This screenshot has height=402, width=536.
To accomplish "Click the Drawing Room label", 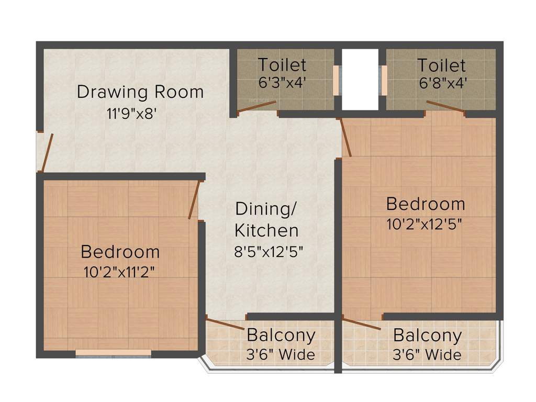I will tap(140, 92).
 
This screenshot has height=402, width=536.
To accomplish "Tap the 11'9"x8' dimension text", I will tap(131, 114).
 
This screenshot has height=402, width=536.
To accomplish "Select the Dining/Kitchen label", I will tap(266, 219).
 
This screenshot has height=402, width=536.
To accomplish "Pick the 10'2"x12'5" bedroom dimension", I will tap(424, 224).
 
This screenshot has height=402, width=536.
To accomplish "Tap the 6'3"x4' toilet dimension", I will tap(282, 82).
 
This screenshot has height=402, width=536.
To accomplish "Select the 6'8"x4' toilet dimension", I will tap(441, 82).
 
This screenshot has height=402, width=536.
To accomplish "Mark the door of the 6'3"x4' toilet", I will tap(256, 106).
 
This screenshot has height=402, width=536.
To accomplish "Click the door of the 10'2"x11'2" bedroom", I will tap(194, 199).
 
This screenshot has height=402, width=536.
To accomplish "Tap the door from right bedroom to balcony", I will tap(361, 323).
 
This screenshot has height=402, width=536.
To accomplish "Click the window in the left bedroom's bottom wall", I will tap(114, 355).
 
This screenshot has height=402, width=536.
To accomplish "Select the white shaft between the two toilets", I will tap(360, 80).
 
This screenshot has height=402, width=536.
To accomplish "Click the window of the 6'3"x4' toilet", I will tap(336, 80).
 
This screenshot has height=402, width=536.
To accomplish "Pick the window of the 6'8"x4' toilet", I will tap(384, 80).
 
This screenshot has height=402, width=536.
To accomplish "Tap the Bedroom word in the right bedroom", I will tap(425, 203).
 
